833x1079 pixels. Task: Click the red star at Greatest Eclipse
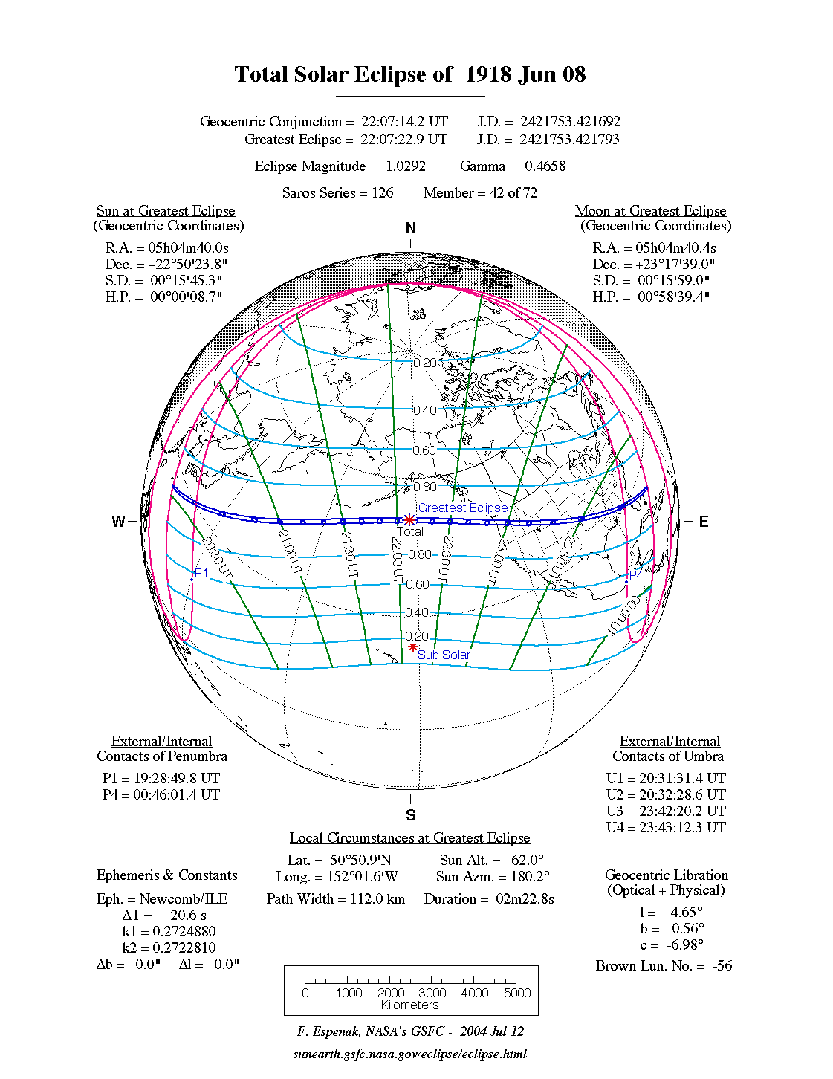(x=409, y=520)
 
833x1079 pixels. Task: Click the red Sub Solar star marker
(x=413, y=647)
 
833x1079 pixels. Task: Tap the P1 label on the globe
(x=201, y=573)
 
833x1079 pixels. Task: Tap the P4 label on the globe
(x=636, y=575)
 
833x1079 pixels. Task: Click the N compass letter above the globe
(x=411, y=228)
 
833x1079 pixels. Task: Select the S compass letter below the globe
(x=411, y=815)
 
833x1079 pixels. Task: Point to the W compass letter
(x=118, y=522)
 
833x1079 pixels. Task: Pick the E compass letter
(x=703, y=522)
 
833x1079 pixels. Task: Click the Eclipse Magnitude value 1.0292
(x=406, y=166)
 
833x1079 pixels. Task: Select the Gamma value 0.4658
(x=545, y=166)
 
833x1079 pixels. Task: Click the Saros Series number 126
(x=382, y=193)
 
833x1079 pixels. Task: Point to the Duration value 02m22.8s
(x=525, y=899)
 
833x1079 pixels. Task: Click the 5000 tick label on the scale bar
(x=517, y=993)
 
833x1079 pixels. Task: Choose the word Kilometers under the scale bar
(x=410, y=1005)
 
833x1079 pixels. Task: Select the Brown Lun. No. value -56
(x=722, y=966)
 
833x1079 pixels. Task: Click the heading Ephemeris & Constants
(x=166, y=875)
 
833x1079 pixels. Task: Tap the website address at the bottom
(x=410, y=1054)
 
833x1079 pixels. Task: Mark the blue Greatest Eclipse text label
(x=463, y=508)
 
